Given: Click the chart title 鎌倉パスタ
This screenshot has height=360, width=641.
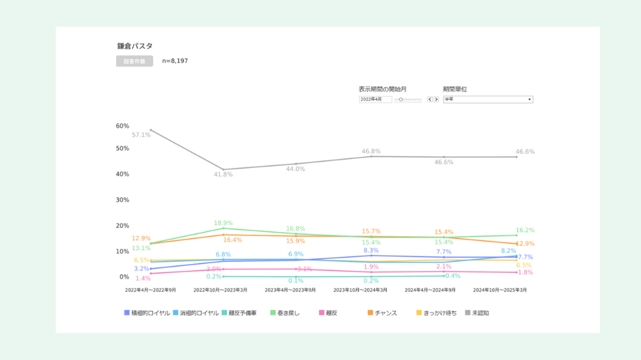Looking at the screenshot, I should tap(135, 46).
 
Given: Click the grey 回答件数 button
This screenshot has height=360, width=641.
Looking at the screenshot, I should tap(135, 61).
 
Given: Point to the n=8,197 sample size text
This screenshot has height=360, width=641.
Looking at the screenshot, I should tap(175, 61).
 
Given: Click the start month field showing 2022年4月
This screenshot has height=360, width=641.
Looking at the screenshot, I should tap(376, 99).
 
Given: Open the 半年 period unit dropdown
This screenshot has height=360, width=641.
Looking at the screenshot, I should tap(488, 99).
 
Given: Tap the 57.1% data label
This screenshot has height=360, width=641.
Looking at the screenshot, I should tap(141, 135).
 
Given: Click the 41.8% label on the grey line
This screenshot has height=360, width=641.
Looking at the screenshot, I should tap(223, 174).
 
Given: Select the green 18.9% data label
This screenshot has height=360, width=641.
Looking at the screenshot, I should tap(223, 223).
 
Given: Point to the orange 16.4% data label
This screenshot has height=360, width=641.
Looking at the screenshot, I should tap(233, 240).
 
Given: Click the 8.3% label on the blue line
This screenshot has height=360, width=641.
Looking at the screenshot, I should tap(371, 250).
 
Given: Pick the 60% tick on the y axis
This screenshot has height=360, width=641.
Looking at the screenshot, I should tap(122, 126).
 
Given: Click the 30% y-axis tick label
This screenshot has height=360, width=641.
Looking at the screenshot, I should tap(122, 200).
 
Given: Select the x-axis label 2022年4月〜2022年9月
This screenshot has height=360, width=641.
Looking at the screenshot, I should tap(150, 290).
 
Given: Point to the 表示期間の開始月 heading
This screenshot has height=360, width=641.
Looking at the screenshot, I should tap(383, 89).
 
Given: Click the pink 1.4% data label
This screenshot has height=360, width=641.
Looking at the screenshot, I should tap(143, 279).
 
